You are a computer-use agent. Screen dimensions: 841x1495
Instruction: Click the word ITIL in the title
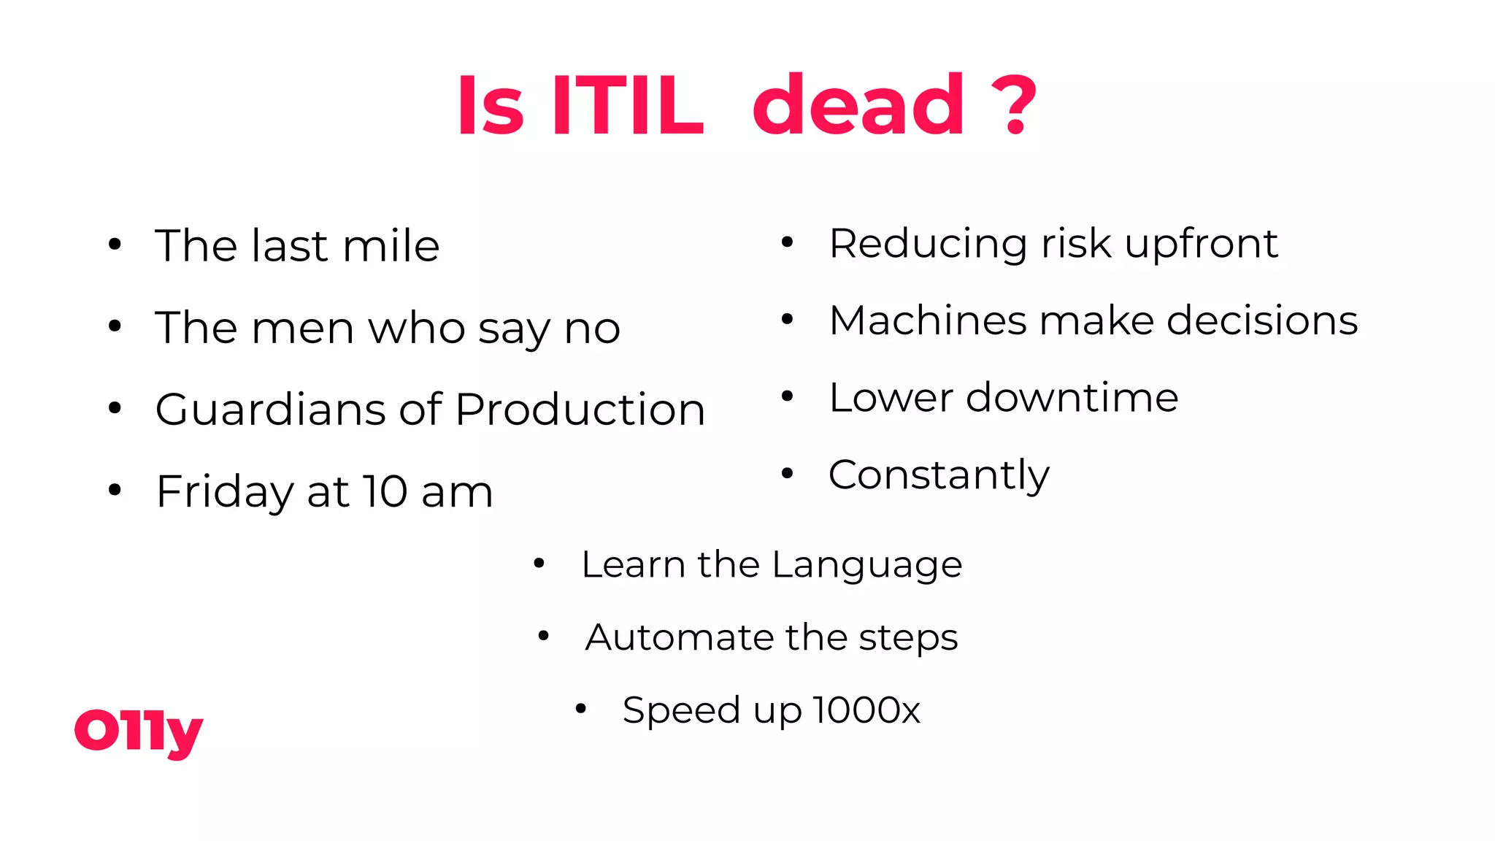[x=628, y=107]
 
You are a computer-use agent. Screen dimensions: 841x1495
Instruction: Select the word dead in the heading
[x=858, y=107]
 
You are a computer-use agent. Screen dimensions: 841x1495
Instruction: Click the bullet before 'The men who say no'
[x=115, y=326]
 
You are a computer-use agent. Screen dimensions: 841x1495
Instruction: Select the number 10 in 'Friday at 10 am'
[x=385, y=491]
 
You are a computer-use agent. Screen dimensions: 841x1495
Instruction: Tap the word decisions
[x=1262, y=320]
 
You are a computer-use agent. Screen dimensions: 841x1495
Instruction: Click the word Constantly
[x=939, y=475]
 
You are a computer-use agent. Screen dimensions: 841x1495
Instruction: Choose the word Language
[x=866, y=565]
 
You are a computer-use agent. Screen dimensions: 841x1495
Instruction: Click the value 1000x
[x=866, y=710]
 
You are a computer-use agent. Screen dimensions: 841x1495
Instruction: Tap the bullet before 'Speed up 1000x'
[x=581, y=708]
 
